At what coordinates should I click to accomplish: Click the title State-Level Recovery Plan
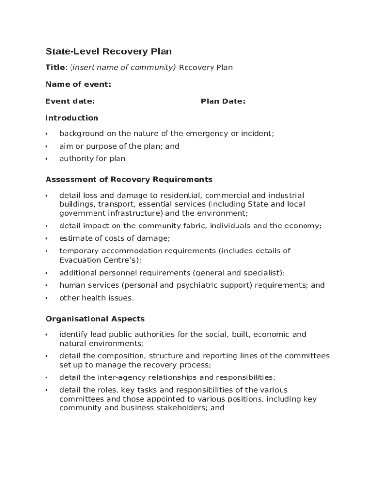pos(109,51)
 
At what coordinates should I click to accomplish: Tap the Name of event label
pos(78,84)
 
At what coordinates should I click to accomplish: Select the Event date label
pos(70,101)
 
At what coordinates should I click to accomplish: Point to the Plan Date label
pos(223,101)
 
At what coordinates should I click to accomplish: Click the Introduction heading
pos(72,118)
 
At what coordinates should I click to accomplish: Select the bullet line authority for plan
pos(92,158)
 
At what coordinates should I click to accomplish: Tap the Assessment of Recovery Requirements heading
pos(129,179)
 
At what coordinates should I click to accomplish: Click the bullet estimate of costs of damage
pos(115,238)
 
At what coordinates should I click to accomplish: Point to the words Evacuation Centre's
pos(99,260)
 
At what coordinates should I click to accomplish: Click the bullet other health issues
pos(96,298)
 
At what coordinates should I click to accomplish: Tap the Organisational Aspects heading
pos(95,319)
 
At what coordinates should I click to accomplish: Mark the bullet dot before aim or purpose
pos(46,146)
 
